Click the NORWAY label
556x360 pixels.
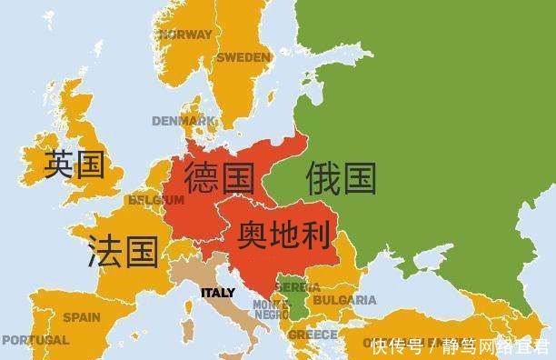coord(185,35)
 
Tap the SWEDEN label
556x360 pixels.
coord(243,56)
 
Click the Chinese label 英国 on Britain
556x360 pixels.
coord(74,165)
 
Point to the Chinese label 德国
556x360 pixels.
coord(219,177)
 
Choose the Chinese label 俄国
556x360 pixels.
coord(341,177)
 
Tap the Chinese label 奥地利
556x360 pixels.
coord(282,234)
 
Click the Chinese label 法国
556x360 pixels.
coord(123,250)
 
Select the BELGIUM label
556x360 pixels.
coord(150,199)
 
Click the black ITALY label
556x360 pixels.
coord(216,293)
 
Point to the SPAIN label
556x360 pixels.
coord(81,317)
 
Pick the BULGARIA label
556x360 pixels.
coord(344,299)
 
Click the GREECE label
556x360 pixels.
coord(313,335)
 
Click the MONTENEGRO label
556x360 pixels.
coord(271,309)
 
